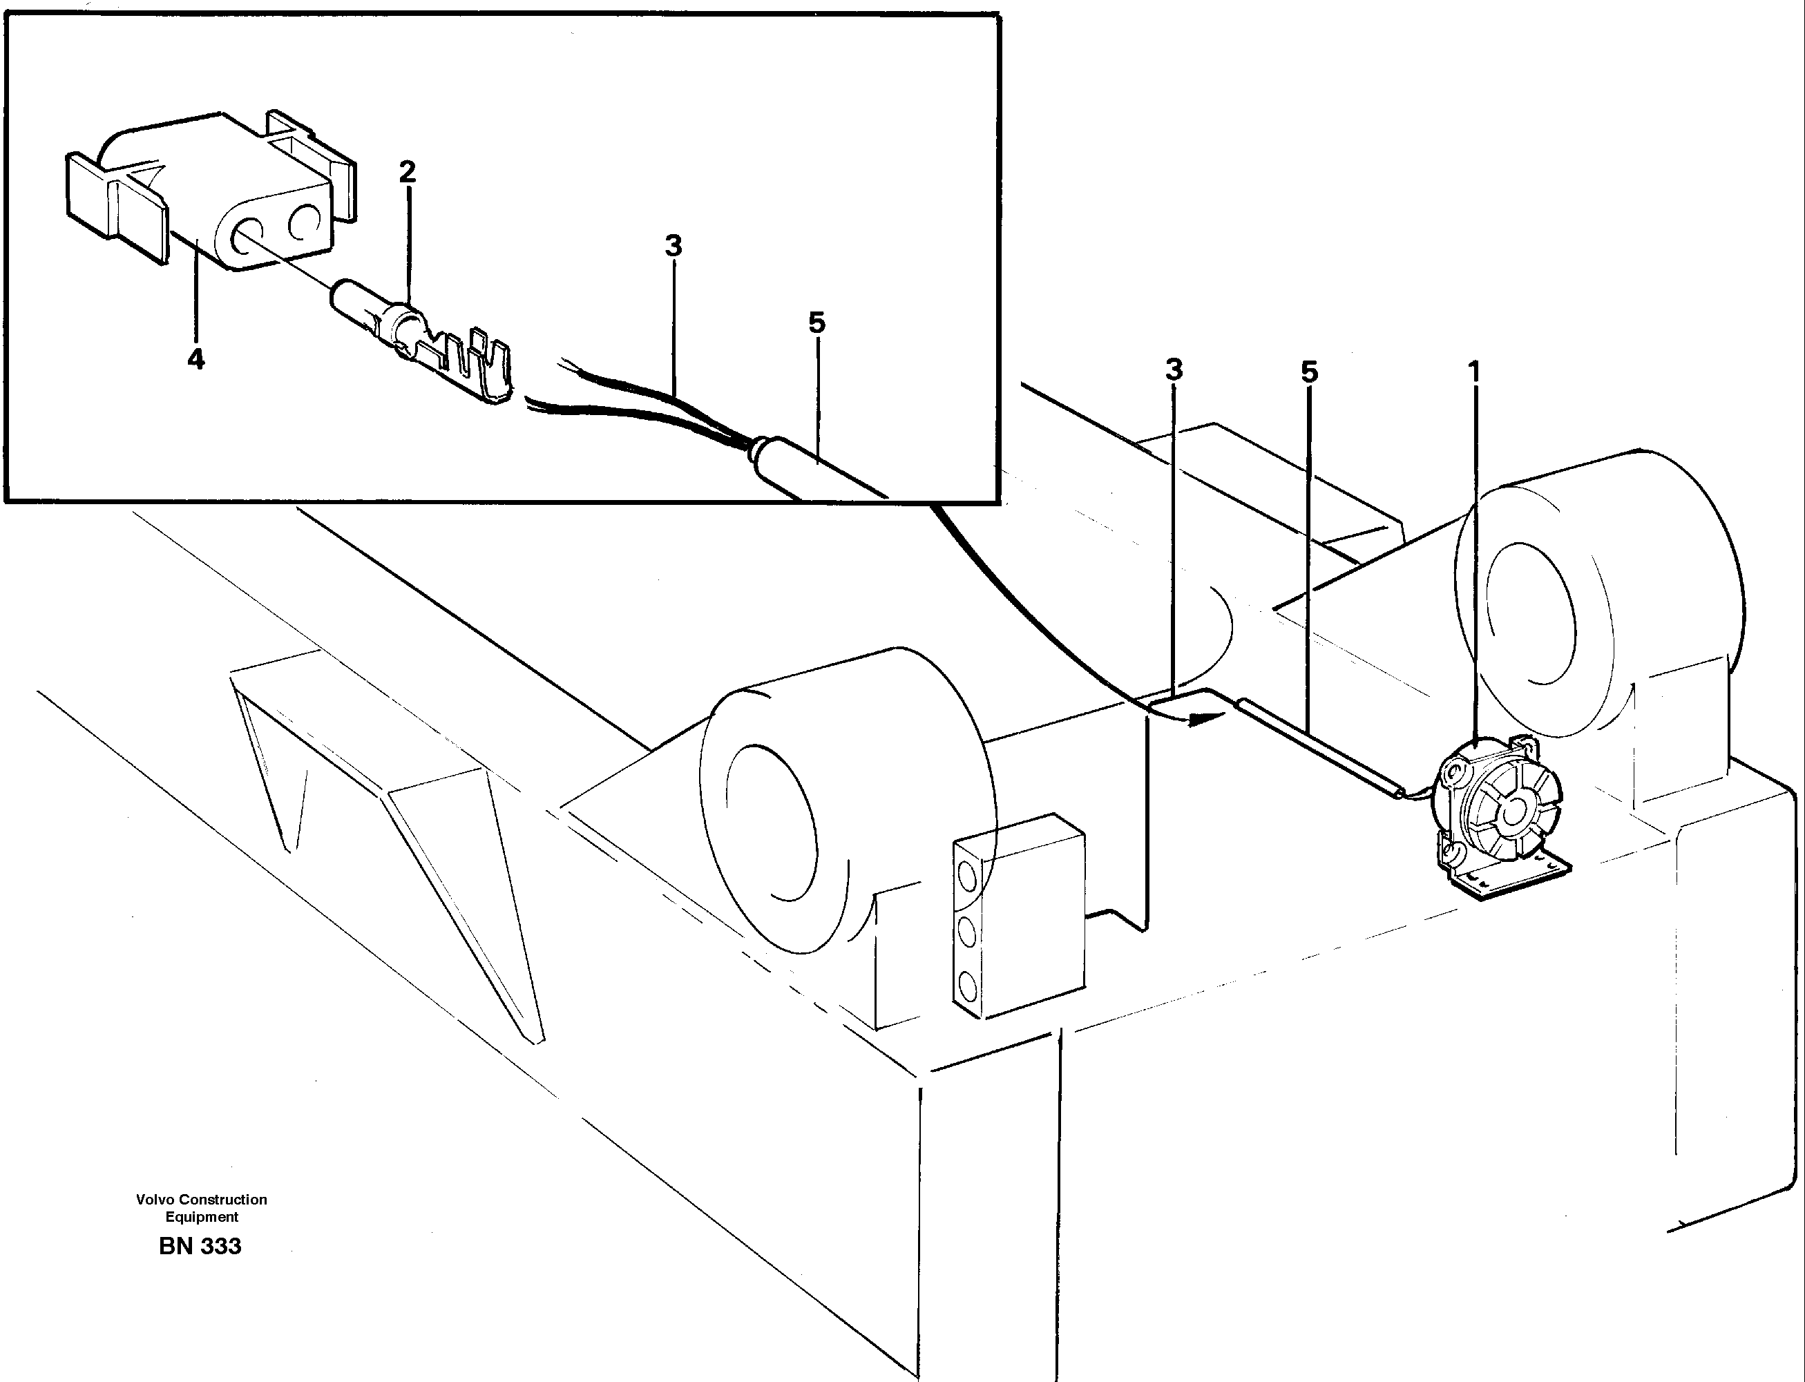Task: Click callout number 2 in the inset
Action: pos(408,172)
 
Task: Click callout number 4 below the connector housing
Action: pos(195,359)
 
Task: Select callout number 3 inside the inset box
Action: pos(674,246)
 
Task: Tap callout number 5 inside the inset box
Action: pos(816,323)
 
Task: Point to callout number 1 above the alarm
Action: pos(1474,373)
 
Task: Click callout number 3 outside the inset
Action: pos(1174,370)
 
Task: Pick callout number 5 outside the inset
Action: pos(1309,373)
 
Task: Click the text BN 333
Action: pos(200,1246)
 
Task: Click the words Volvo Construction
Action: pos(202,1200)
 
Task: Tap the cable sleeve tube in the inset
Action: pos(814,469)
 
